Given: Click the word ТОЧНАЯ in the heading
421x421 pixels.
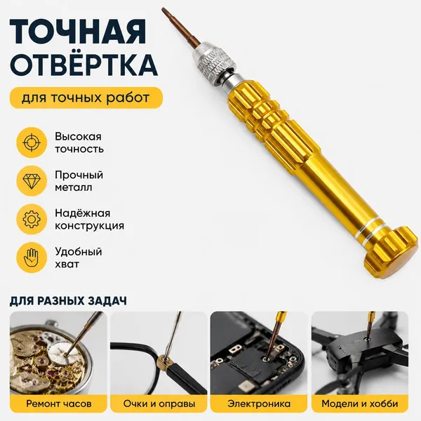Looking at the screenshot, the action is (x=78, y=32).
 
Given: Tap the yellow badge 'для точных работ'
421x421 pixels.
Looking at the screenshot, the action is (x=86, y=98).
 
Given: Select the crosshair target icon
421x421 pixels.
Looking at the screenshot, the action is (x=32, y=142).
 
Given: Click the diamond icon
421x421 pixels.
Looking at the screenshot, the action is (x=32, y=181).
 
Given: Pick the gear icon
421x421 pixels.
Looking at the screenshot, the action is (x=32, y=220).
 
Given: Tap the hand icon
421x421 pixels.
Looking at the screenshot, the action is (x=32, y=258).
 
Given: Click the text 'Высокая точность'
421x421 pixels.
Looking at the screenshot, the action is (x=79, y=142).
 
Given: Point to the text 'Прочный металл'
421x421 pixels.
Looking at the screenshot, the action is (x=79, y=181).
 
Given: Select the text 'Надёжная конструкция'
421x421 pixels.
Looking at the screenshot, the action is (x=89, y=220).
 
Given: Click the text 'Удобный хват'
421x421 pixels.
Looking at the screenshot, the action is (x=79, y=258).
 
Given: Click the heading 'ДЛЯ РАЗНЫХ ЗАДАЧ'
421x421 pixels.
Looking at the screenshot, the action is (x=68, y=301).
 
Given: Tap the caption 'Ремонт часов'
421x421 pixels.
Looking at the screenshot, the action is (x=59, y=403).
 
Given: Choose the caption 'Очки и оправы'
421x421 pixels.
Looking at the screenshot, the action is (x=159, y=403).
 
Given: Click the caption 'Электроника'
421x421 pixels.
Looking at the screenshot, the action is (x=259, y=403).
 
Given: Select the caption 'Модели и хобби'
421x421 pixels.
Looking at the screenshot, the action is (x=360, y=403).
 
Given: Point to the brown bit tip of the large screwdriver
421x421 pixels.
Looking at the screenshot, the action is (x=163, y=11).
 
